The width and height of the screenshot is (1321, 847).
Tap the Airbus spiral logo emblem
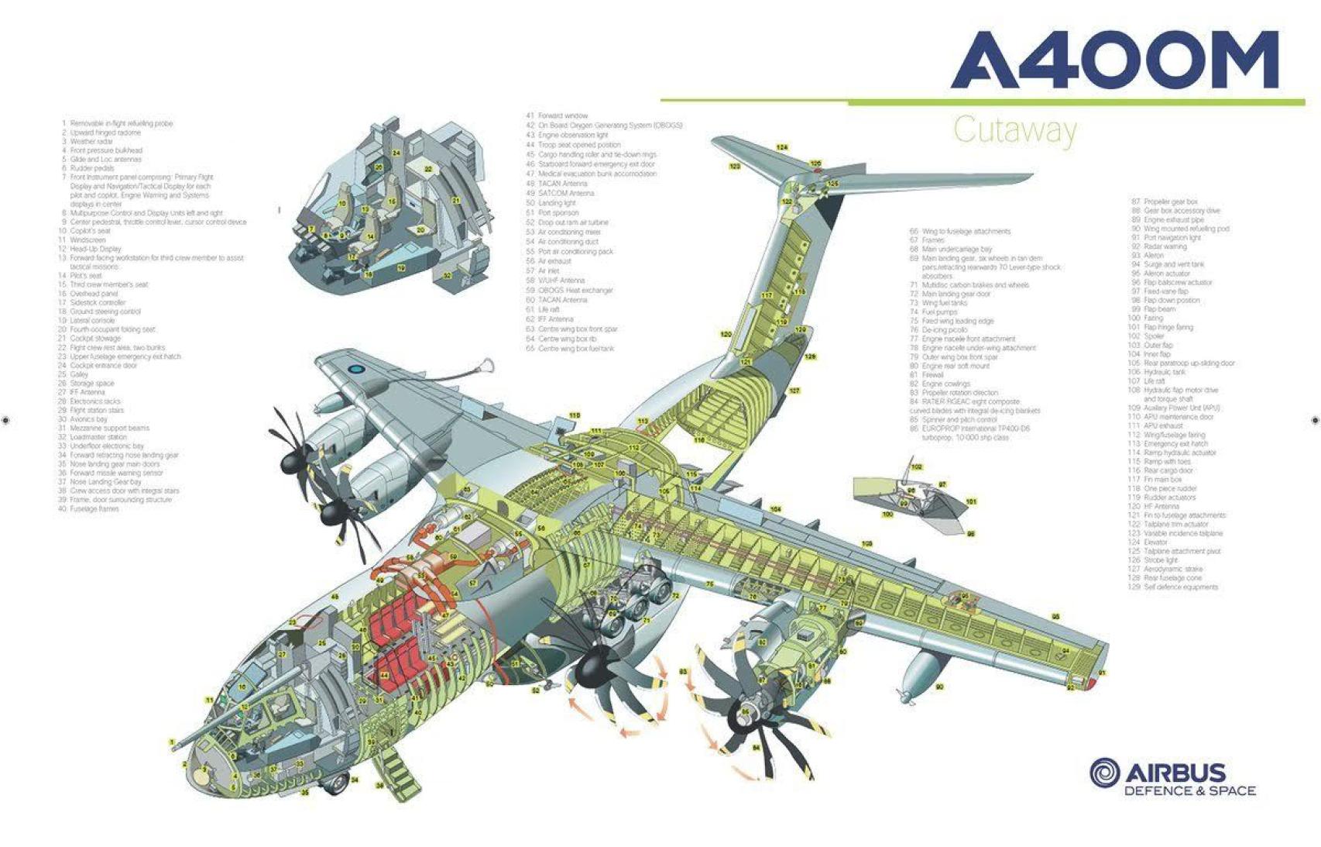1104,773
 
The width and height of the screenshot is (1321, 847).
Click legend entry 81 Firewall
927,375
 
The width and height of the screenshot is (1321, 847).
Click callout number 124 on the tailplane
782,147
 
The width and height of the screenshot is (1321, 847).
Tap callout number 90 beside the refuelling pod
939,687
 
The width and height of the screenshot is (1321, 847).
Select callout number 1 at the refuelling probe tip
172,742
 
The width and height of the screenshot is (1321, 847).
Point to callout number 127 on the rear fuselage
794,391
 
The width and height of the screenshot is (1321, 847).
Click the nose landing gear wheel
335,784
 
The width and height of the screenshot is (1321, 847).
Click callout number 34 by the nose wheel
355,780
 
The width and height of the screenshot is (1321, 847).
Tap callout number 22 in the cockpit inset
427,168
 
